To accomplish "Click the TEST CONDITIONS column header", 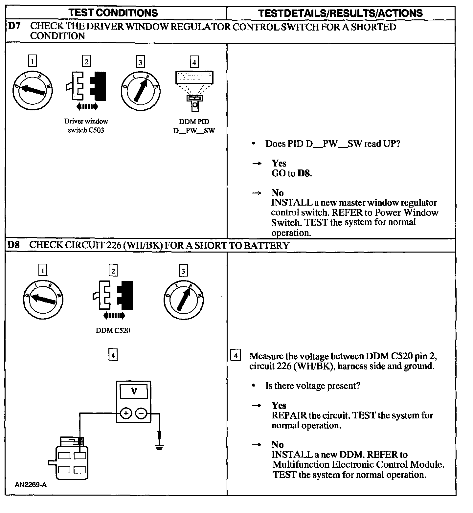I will point(113,13).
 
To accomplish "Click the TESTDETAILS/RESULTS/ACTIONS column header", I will point(340,13).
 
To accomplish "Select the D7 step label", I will point(14,27).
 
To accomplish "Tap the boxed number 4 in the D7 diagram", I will point(194,62).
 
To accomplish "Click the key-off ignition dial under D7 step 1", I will point(33,89).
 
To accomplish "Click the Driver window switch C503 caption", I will point(86,126).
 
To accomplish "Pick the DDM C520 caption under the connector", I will point(113,330).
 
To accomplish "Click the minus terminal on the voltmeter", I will point(141,413).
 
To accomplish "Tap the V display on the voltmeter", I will point(134,391).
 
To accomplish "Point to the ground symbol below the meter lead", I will point(159,447).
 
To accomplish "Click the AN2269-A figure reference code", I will point(31,485).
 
